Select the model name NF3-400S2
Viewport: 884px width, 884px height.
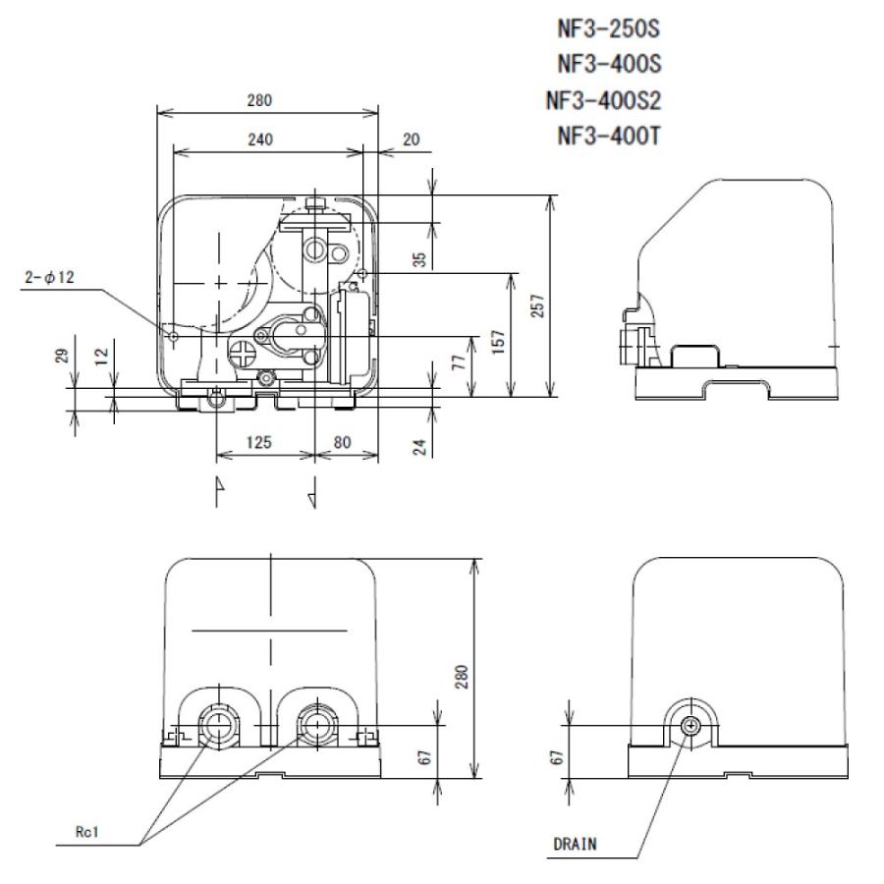tap(603, 100)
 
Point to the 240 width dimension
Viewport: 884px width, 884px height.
tap(259, 139)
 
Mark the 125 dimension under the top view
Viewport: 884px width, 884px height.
tap(260, 443)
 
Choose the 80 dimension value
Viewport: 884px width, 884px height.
tap(342, 443)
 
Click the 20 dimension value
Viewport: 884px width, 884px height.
tap(411, 139)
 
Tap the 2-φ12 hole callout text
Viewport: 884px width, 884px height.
tap(49, 278)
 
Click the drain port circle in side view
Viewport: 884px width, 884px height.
tap(691, 725)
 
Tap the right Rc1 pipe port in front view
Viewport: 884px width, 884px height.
tap(314, 726)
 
